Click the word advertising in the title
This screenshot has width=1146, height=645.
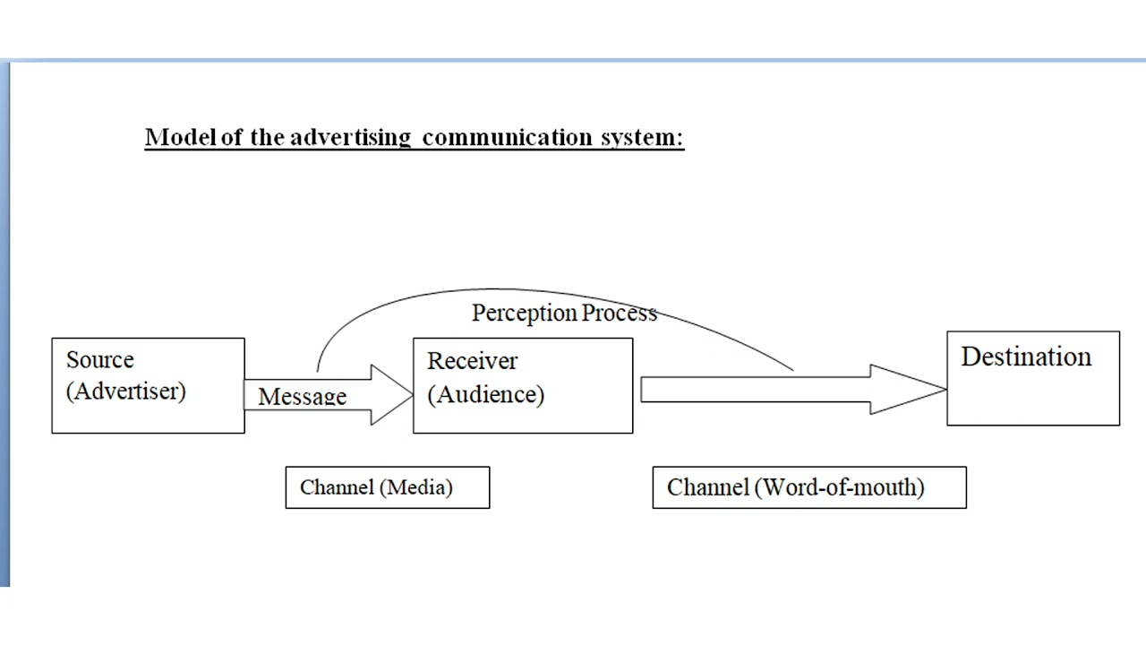[349, 137]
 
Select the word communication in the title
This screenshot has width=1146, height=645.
[508, 137]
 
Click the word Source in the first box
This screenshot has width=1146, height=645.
[99, 360]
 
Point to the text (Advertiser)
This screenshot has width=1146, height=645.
[125, 391]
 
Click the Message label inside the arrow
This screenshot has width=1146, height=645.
[302, 396]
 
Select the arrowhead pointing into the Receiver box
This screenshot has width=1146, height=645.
[392, 394]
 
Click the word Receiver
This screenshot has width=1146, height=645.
[472, 361]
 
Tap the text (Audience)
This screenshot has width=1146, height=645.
[485, 394]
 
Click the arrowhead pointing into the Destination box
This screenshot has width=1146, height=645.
[908, 390]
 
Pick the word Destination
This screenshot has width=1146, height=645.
[1026, 357]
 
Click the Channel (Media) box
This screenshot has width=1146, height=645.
[387, 487]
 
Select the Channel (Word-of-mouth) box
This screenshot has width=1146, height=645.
[808, 487]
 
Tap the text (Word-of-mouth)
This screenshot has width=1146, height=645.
[840, 487]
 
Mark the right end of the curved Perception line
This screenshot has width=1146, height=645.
[791, 368]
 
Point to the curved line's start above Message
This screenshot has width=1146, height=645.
[317, 369]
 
